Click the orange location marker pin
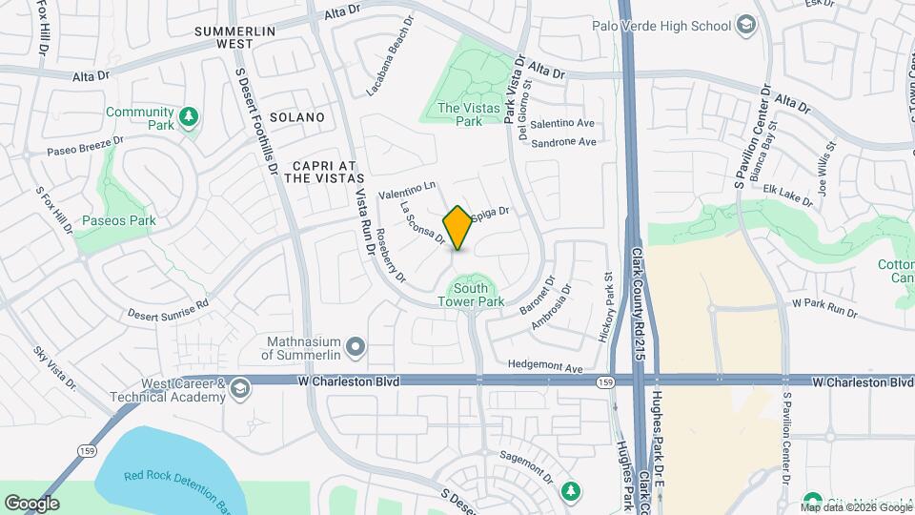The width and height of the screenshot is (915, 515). (x=458, y=227)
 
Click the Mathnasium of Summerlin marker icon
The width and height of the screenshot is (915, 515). (x=356, y=346)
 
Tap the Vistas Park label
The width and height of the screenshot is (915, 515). (x=469, y=114)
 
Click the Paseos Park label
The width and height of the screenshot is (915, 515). (x=118, y=221)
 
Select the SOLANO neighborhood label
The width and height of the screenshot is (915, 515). (x=296, y=117)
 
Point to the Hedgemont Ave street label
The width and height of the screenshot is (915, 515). (x=544, y=366)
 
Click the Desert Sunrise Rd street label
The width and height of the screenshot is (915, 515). (x=167, y=310)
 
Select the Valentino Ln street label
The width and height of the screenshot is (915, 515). (x=407, y=190)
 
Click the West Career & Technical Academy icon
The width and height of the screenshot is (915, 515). (x=239, y=386)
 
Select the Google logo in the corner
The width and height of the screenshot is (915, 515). (x=31, y=503)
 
